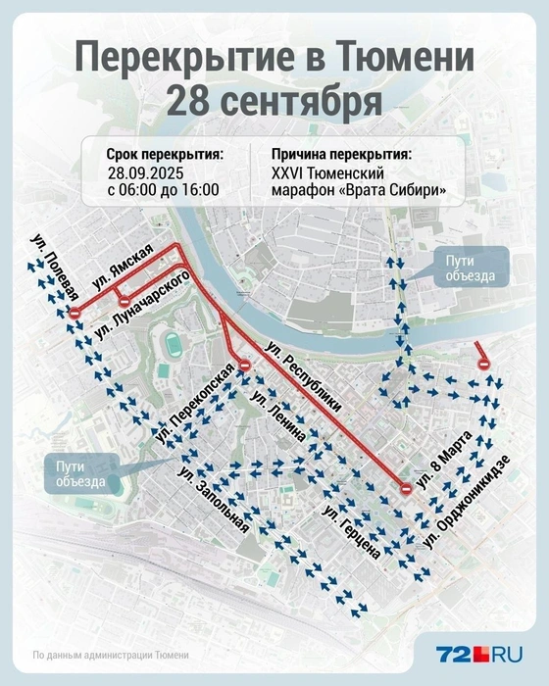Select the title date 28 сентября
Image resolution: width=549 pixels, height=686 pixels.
coord(274,100)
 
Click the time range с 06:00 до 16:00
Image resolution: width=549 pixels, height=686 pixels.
coord(164,190)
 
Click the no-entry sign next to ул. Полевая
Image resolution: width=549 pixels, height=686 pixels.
coord(75,312)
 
